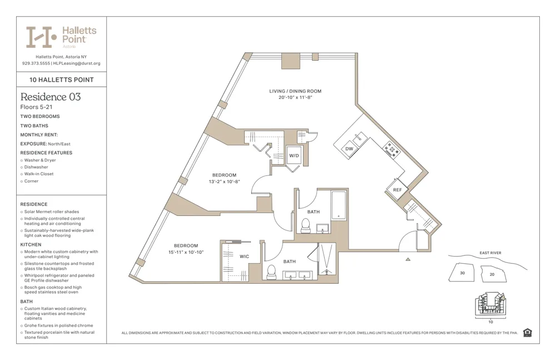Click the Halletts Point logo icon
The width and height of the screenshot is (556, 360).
click(42, 37)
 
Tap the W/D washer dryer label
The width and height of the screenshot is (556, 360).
click(294, 156)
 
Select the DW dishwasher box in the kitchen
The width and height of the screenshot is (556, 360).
click(349, 149)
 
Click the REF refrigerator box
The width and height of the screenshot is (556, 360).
click(397, 190)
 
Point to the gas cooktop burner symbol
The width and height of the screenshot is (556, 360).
click(391, 149)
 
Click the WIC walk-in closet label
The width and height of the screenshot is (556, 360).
click(244, 257)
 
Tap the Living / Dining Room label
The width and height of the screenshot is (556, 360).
click(295, 91)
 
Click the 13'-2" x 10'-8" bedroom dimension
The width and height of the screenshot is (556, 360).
click(224, 181)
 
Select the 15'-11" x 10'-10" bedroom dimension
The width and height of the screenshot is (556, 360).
click(186, 252)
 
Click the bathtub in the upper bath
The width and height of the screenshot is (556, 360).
click(338, 206)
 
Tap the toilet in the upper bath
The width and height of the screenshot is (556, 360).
click(305, 225)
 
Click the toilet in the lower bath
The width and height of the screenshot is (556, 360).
click(271, 272)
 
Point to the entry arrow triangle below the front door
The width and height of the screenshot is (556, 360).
click(408, 259)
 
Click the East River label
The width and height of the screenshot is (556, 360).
click(490, 253)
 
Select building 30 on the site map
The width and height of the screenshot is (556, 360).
click(462, 273)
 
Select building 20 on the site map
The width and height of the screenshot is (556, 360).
click(492, 274)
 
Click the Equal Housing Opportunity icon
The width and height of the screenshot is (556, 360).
click(527, 333)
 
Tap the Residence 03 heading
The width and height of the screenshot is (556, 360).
click(51, 97)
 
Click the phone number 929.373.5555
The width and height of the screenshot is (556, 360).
click(36, 63)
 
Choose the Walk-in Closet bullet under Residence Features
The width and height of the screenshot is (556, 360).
click(39, 174)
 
